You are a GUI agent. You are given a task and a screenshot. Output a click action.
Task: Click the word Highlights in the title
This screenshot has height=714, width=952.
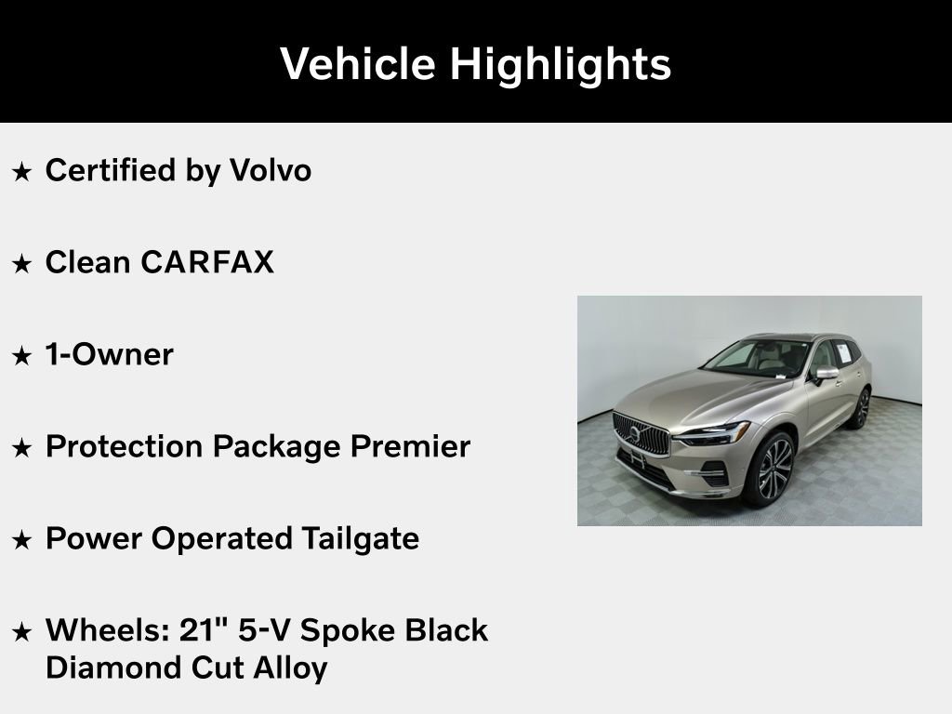point(560,64)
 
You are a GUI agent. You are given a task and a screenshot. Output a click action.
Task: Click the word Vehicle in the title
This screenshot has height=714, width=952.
point(357,64)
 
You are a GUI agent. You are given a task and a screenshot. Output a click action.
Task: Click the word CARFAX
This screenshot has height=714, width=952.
point(207,263)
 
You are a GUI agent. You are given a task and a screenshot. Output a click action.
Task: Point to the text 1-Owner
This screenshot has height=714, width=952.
point(109,354)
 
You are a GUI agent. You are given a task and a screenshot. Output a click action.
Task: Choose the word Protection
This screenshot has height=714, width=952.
point(125,446)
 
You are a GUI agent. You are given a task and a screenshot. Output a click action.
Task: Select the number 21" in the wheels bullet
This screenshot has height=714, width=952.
point(204,629)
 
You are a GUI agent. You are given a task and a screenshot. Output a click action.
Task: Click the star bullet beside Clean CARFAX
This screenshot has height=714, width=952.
point(21,264)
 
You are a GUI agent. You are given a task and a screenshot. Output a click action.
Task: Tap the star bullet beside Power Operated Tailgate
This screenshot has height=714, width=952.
point(21,539)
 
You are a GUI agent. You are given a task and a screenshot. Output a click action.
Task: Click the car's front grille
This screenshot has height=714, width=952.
point(641,433)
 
